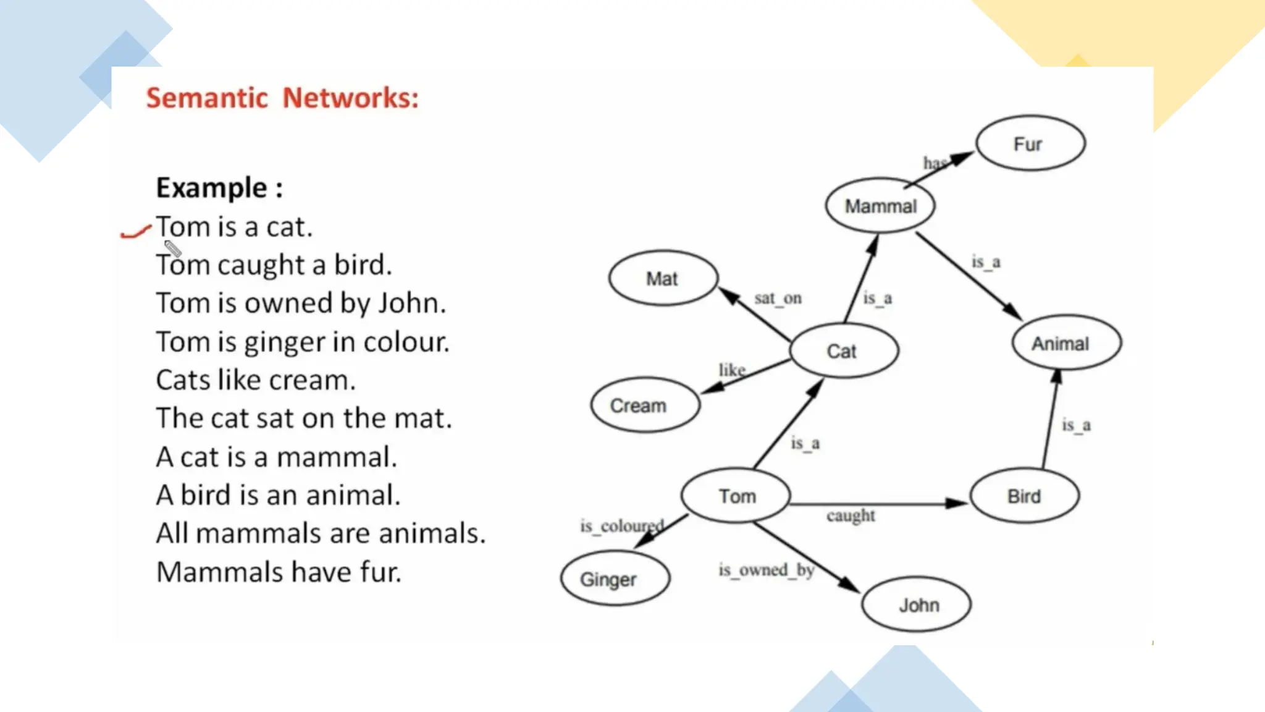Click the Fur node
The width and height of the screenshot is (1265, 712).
(1030, 143)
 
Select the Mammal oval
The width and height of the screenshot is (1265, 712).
(880, 206)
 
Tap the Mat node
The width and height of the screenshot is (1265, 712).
(662, 278)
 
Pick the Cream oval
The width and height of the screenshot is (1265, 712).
(645, 405)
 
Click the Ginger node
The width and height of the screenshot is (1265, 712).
(615, 579)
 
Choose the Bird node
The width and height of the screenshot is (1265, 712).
(1024, 496)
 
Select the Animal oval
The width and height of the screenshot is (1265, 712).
(1066, 343)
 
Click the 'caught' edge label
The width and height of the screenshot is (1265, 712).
(851, 515)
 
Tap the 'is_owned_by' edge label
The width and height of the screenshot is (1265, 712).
(766, 570)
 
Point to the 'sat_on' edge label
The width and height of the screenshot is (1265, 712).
(778, 299)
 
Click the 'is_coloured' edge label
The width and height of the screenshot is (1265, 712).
(621, 526)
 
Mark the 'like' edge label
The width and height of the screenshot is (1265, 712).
(732, 370)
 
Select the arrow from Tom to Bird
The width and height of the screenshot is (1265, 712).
(877, 504)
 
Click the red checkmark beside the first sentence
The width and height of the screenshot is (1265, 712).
(135, 232)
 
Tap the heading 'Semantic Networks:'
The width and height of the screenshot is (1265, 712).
(282, 98)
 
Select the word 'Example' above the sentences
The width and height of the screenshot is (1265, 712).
(211, 187)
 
